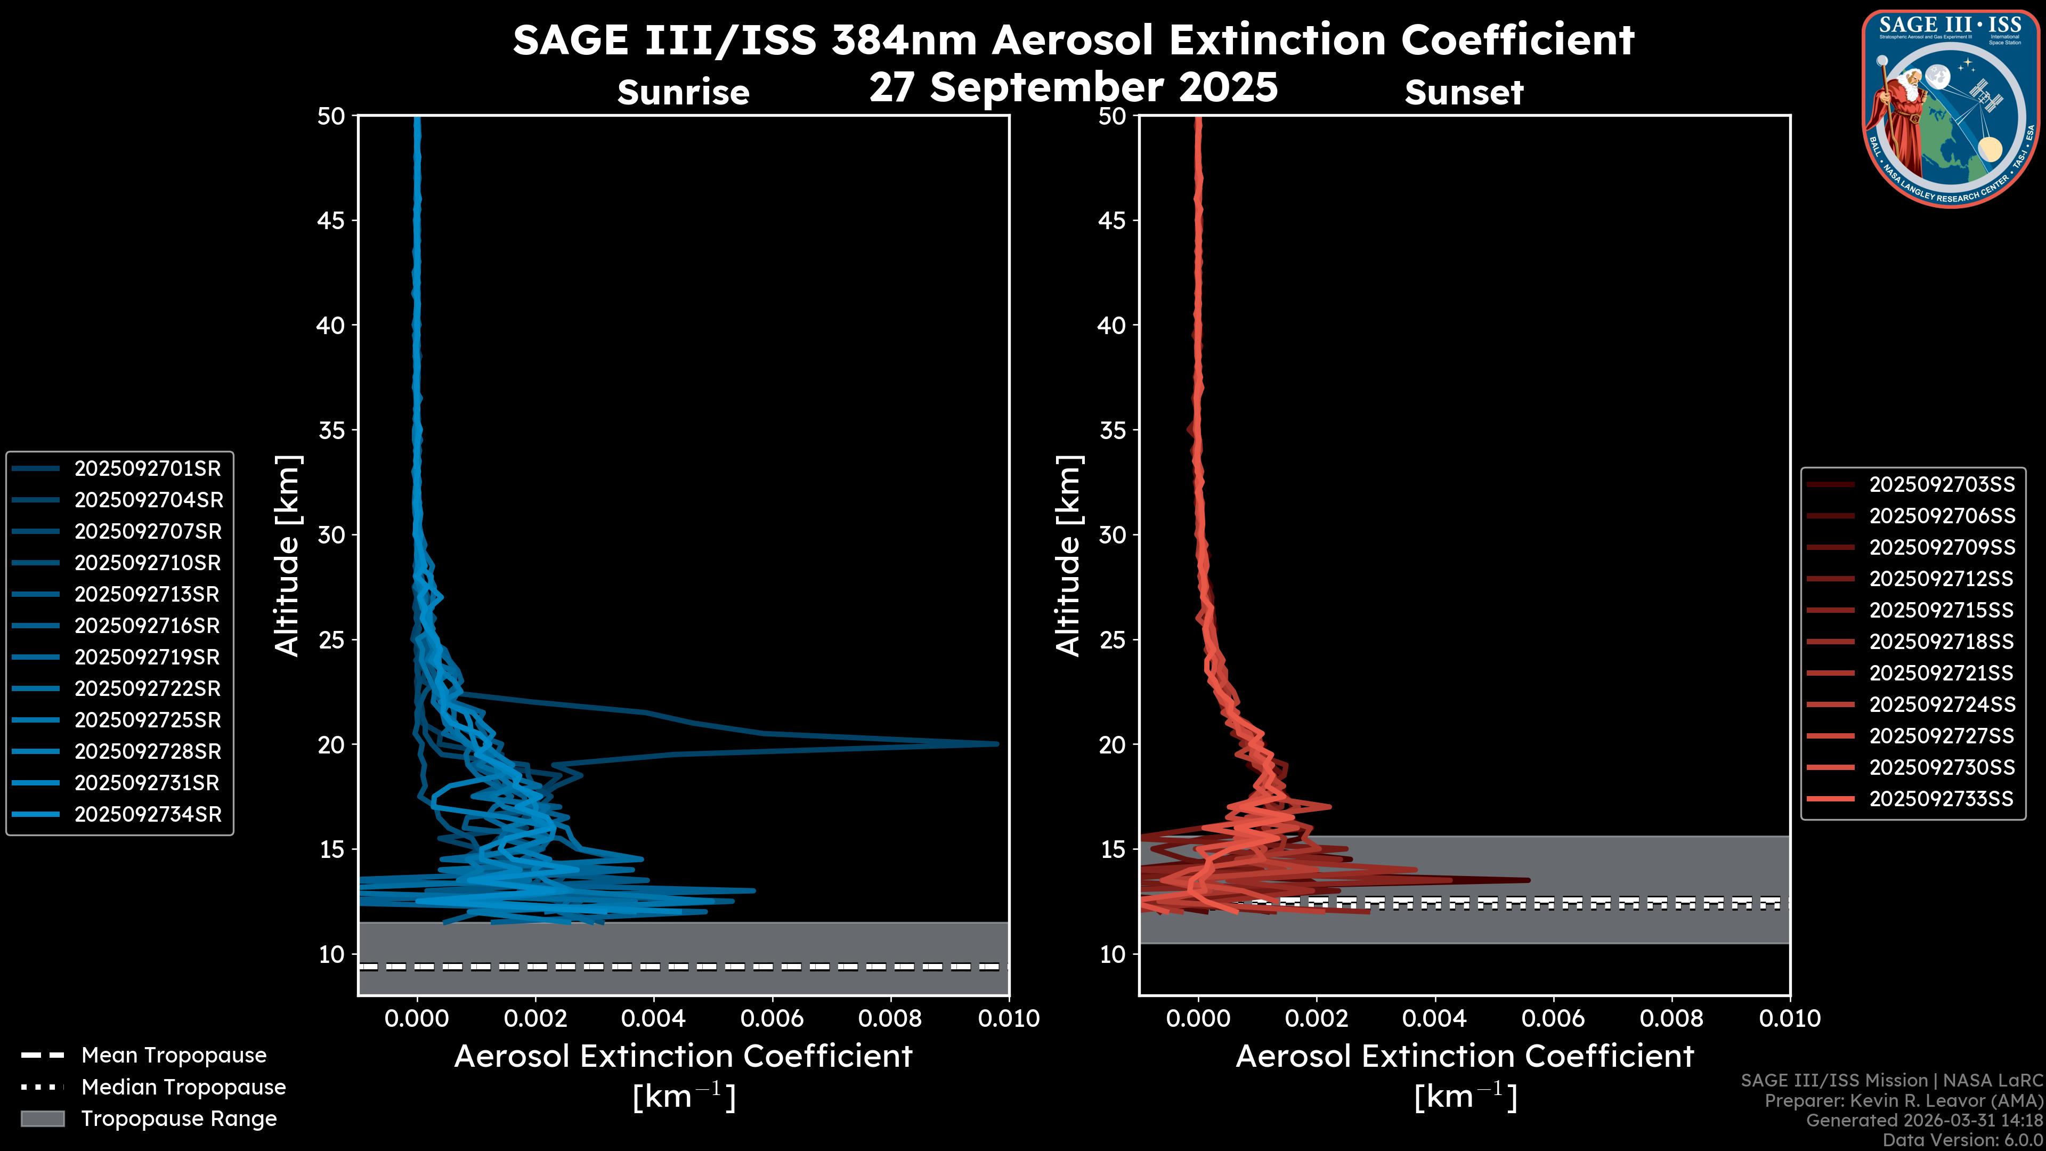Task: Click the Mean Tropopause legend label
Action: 174,1056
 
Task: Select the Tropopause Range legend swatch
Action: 42,1118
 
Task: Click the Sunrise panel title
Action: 683,93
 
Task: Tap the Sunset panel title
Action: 1464,93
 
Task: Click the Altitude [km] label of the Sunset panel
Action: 1068,556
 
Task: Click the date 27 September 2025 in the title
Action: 1073,87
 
